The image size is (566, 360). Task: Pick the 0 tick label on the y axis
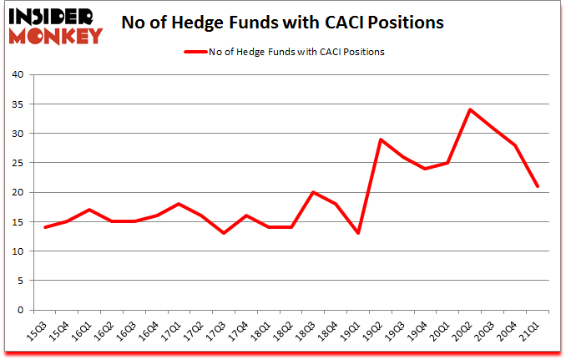tap(20, 311)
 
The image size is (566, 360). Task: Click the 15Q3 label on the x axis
tap(38, 330)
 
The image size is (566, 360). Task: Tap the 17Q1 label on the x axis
tap(171, 330)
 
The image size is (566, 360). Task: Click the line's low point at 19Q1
tap(359, 233)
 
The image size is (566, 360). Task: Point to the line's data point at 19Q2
tap(382, 139)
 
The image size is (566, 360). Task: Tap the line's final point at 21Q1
tap(539, 186)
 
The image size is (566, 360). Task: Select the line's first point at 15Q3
tap(45, 227)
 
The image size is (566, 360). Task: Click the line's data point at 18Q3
tap(314, 192)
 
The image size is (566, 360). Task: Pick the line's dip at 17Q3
tap(224, 233)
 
